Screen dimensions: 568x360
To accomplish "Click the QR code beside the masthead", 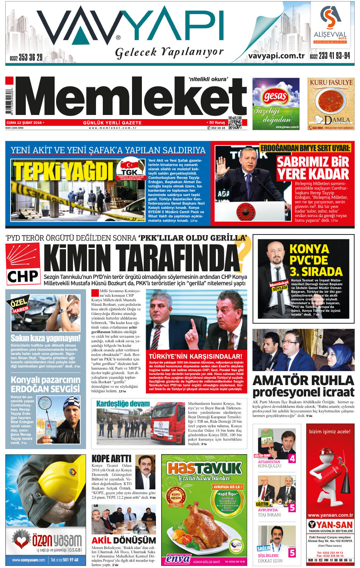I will click(235, 123).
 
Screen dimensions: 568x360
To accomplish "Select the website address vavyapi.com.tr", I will click(276, 55).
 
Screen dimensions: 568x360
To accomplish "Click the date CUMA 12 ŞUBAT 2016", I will click(24, 123).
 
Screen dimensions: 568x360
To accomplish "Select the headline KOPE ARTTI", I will click(111, 459).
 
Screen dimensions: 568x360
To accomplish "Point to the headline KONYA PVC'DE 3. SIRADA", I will click(316, 260).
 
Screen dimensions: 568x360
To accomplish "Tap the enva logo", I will click(178, 559).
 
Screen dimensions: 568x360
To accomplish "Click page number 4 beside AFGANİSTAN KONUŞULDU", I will click(292, 458).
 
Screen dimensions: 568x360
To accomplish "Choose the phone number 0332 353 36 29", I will click(26, 58).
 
